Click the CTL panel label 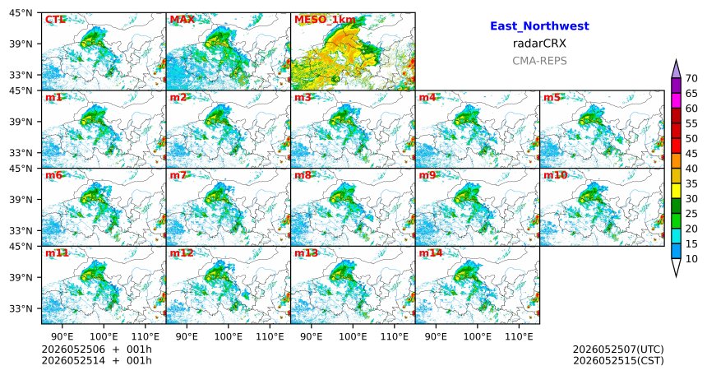coord(54,20)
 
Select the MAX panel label coord(183,20)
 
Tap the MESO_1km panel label coord(325,20)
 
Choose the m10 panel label coord(556,175)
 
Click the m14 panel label coord(431,252)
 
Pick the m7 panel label coord(178,175)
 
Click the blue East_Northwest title coord(539,26)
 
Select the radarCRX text coord(539,44)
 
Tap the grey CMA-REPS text coord(539,61)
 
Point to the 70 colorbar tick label coord(691,78)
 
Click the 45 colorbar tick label coord(691,154)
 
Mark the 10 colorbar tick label coord(691,258)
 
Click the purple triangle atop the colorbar coord(676,70)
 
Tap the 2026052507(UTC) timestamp coord(618,350)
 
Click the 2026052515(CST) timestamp coord(618,360)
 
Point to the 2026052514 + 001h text coord(96,360)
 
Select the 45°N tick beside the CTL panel coord(21,13)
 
